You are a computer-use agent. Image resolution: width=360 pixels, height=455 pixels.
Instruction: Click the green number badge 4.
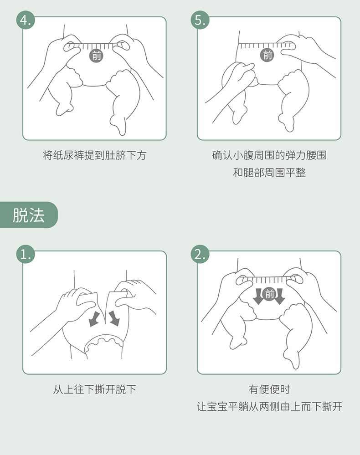(26, 20)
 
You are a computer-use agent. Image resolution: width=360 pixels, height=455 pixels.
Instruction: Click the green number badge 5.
(200, 20)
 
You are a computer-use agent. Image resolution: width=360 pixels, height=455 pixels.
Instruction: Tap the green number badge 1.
(26, 254)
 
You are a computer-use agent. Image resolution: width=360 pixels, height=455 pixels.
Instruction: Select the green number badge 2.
(200, 254)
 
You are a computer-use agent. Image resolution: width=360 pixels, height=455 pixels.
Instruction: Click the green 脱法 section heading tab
(28, 215)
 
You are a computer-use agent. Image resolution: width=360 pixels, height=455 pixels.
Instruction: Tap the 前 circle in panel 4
(97, 56)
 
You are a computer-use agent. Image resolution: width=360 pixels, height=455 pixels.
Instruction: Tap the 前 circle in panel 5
(267, 55)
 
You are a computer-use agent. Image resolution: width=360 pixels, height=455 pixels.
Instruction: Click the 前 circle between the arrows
(269, 294)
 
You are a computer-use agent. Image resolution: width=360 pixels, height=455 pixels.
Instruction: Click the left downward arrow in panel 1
(94, 319)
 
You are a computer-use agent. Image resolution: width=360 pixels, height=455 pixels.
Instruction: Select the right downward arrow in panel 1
(114, 318)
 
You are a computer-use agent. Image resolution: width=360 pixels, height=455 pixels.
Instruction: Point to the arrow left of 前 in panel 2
(258, 296)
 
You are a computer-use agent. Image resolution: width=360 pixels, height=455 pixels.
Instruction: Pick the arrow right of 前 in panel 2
(280, 296)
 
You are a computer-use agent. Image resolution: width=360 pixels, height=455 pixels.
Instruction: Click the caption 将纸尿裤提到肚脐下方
(95, 155)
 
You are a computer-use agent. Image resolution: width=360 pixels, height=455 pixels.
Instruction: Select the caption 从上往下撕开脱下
(95, 389)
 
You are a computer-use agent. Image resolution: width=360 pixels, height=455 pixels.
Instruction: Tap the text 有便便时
(269, 389)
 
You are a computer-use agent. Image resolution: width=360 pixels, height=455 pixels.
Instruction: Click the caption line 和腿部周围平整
(269, 172)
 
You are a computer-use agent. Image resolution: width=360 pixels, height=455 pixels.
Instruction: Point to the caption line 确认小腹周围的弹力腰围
(269, 155)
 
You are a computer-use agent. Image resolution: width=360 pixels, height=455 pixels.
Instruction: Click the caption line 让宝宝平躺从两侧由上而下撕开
(269, 406)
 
